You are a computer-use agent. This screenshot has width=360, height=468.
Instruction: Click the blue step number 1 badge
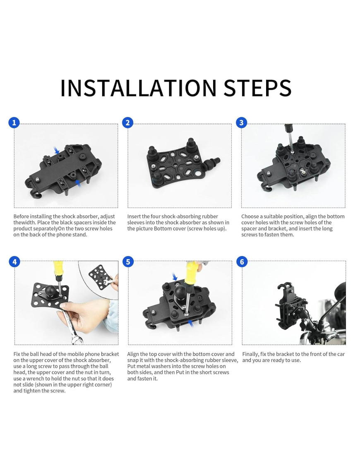click(14, 122)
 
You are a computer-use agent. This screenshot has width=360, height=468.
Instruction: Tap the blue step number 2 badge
click(128, 122)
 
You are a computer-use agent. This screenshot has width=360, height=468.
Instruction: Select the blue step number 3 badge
click(242, 122)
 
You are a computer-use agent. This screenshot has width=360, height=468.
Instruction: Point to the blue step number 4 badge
click(14, 262)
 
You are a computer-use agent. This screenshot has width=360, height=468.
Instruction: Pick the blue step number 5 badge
click(128, 262)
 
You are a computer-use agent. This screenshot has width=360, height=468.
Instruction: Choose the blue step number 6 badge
click(242, 262)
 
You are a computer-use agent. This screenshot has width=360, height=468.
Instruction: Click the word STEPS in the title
click(258, 88)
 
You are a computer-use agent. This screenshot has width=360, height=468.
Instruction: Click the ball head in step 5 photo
click(180, 292)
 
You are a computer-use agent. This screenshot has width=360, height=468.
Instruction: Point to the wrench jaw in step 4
click(76, 339)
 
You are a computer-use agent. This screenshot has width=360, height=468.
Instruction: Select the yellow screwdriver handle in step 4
click(58, 267)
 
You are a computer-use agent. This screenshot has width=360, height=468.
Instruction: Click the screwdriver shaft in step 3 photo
click(290, 140)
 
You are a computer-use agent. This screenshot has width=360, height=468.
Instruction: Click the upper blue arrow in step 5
click(175, 276)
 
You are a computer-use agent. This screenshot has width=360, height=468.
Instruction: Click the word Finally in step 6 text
click(250, 354)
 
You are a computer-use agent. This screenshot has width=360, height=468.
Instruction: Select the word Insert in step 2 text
click(134, 216)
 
